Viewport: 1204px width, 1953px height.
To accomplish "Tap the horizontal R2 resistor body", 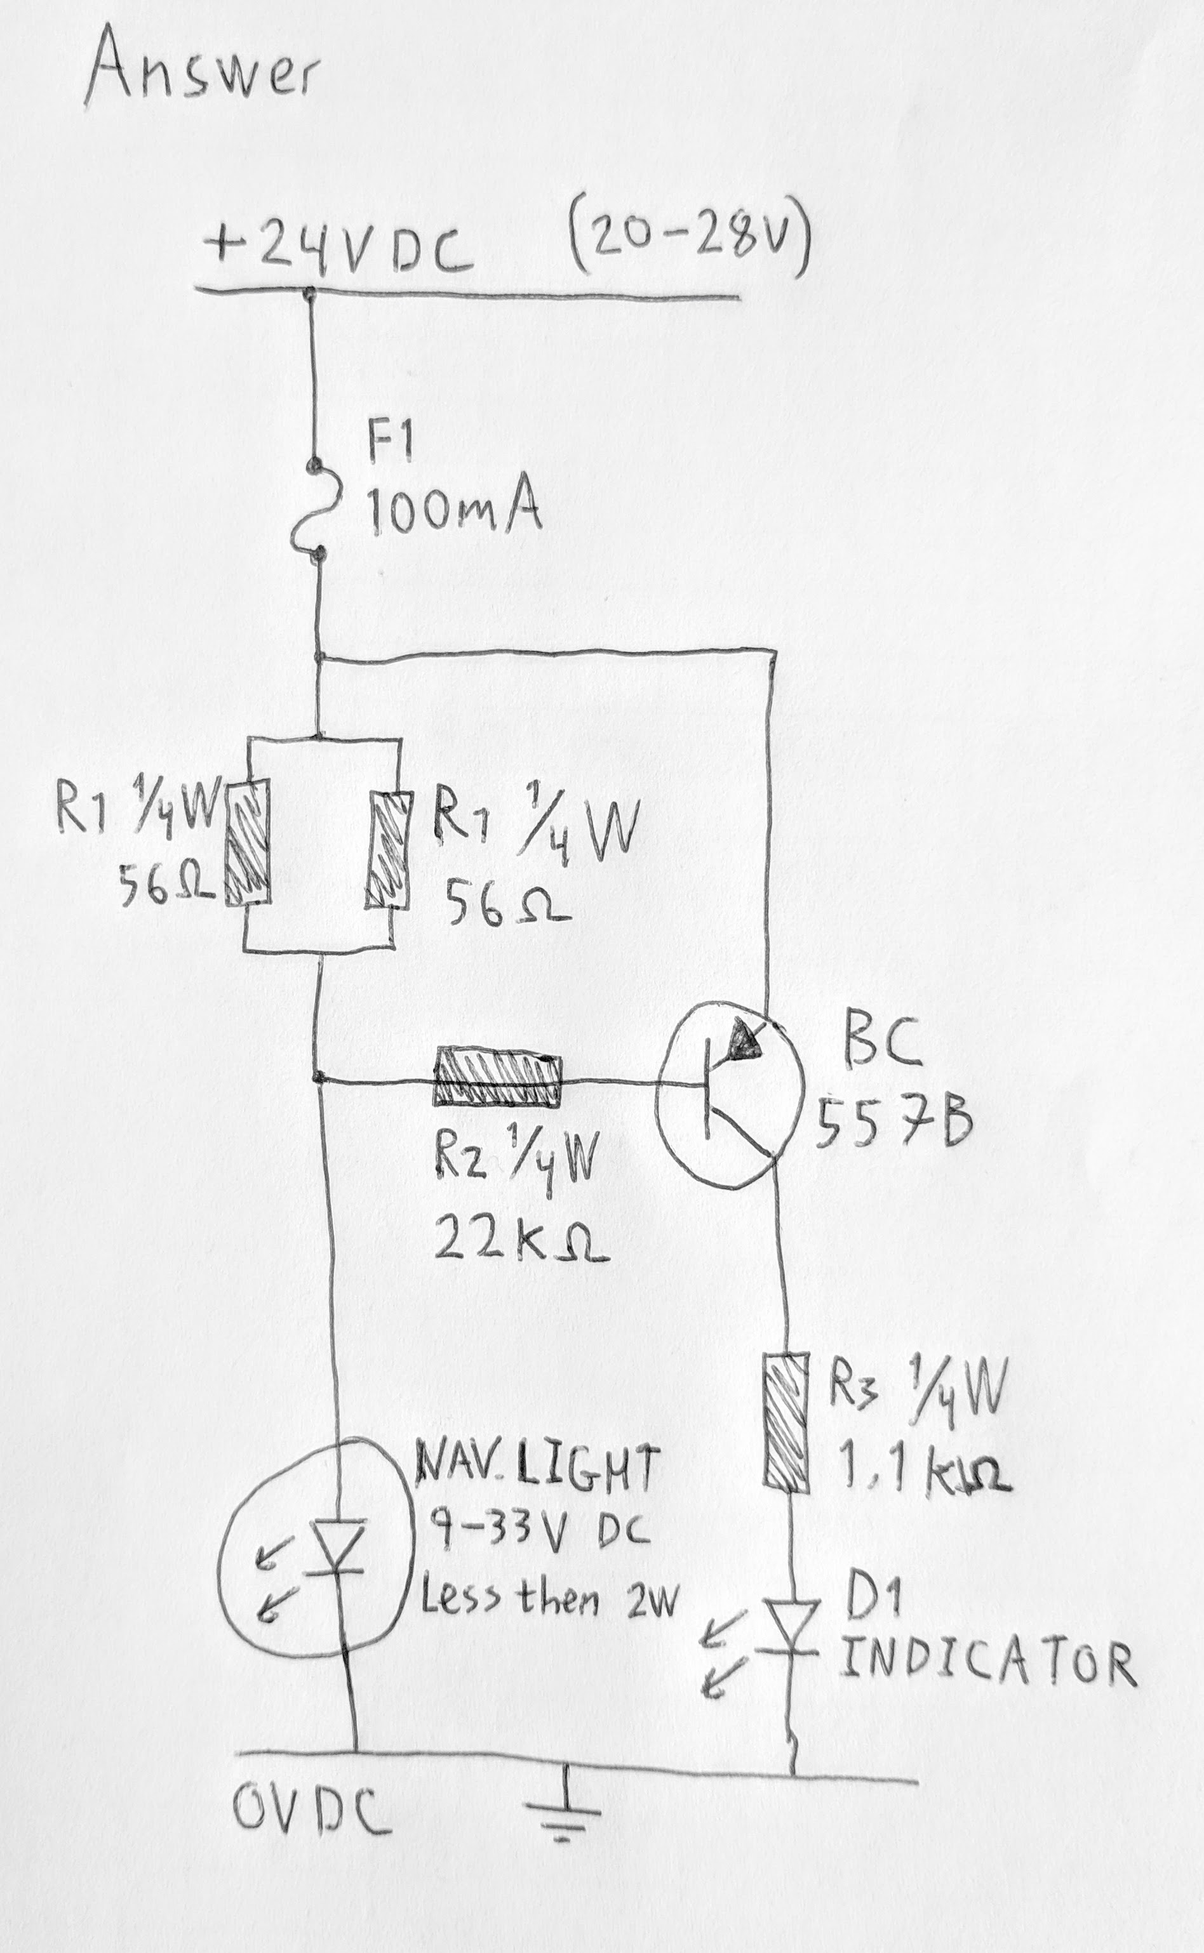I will point(497,1080).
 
